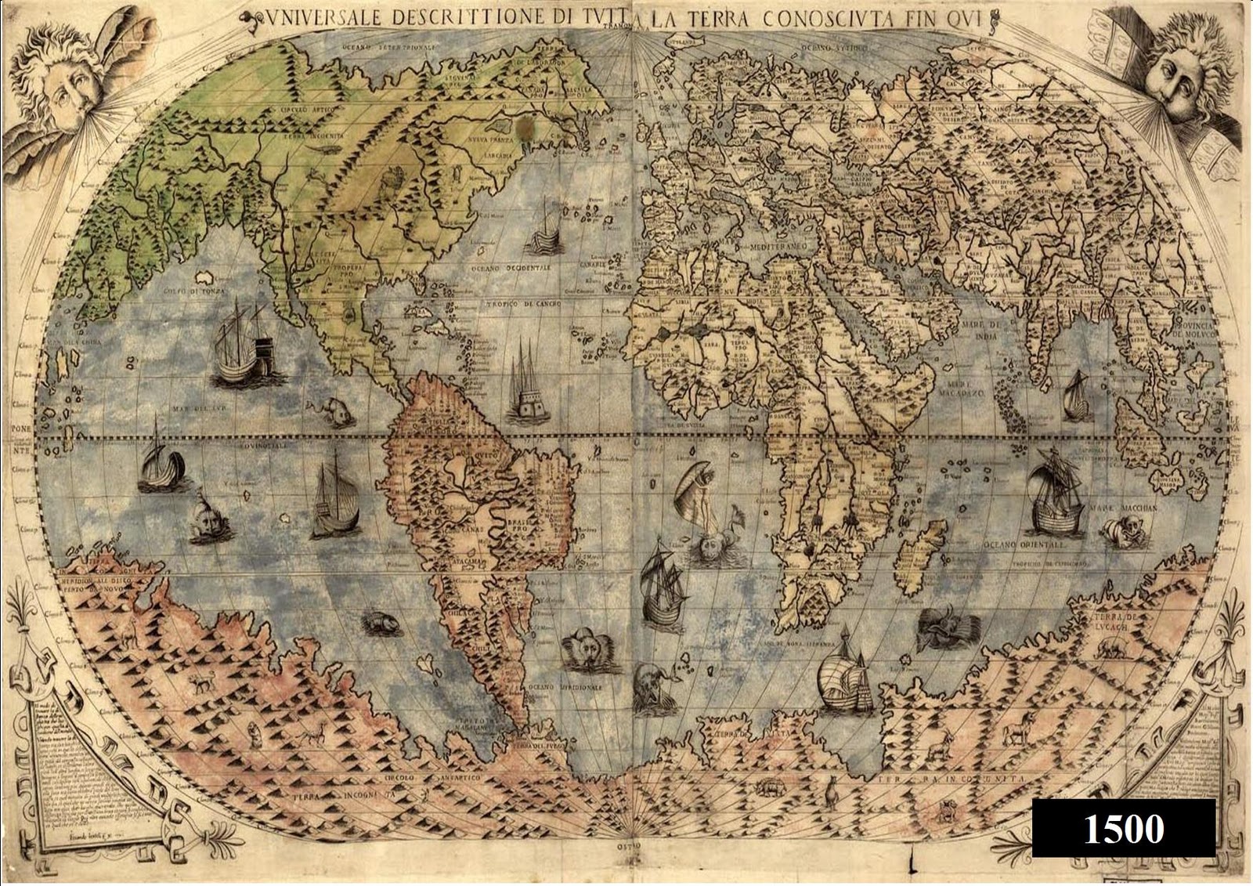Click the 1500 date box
(1123, 829)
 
